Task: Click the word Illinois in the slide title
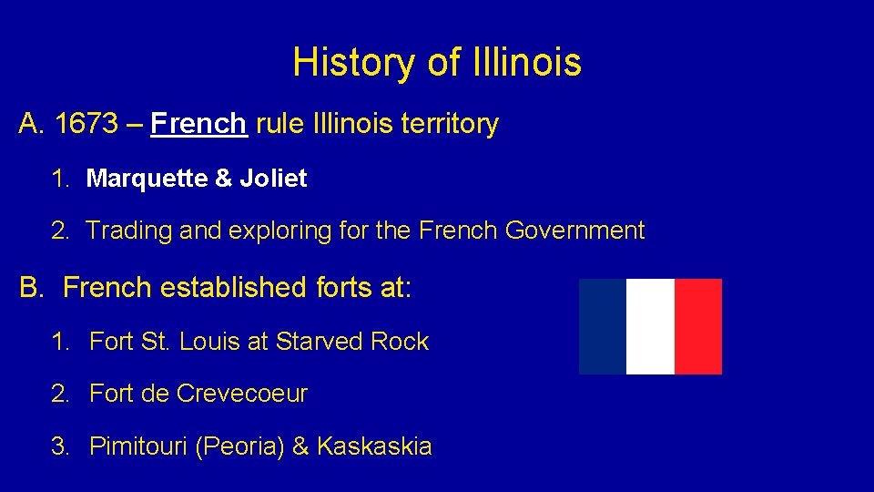coord(527,63)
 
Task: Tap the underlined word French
coord(199,123)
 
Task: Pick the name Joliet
coord(273,179)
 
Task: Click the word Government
coord(574,231)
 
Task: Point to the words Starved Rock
coord(351,342)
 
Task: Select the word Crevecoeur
coord(242,395)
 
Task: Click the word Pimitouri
coord(138,447)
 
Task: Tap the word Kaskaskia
coord(374,447)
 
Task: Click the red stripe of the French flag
coord(698,326)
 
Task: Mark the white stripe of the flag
coord(650,326)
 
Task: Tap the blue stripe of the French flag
coord(603,326)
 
